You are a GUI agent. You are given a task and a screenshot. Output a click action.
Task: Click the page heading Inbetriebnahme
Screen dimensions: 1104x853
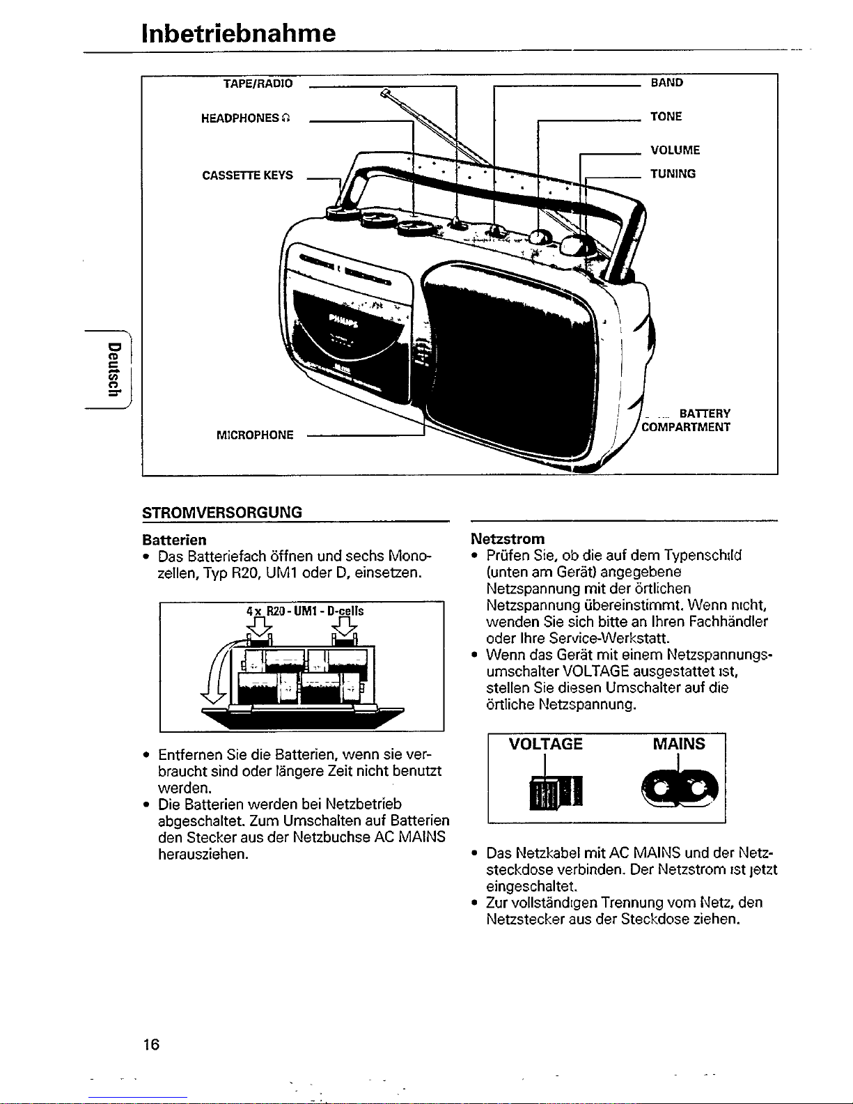[238, 33]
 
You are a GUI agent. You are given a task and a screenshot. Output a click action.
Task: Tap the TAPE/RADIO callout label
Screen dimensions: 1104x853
[258, 84]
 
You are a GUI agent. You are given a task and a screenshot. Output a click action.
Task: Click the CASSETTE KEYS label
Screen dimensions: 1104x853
[247, 176]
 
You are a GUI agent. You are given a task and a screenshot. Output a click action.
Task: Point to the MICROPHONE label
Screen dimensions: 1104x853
[255, 435]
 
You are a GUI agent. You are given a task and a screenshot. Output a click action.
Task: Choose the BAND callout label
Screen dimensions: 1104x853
[666, 83]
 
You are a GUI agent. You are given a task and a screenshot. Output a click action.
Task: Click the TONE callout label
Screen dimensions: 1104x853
[666, 117]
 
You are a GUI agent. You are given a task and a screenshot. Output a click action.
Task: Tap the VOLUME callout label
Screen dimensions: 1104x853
[675, 150]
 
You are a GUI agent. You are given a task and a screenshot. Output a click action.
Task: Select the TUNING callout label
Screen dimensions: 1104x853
[673, 174]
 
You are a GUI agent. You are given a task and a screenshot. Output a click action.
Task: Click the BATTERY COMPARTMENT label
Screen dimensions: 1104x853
[687, 421]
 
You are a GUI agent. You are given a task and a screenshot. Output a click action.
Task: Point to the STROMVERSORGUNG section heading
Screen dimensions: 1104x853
[222, 513]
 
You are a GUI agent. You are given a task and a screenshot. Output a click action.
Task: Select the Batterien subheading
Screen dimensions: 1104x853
[174, 540]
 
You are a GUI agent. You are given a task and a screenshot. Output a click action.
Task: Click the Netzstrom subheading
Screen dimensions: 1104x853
[508, 539]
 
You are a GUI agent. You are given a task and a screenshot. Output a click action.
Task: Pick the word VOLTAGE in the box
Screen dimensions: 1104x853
[545, 744]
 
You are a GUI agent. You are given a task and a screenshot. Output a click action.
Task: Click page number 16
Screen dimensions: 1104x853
[150, 1044]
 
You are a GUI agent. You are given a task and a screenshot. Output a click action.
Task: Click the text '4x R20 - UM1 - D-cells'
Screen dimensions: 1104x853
[305, 611]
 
